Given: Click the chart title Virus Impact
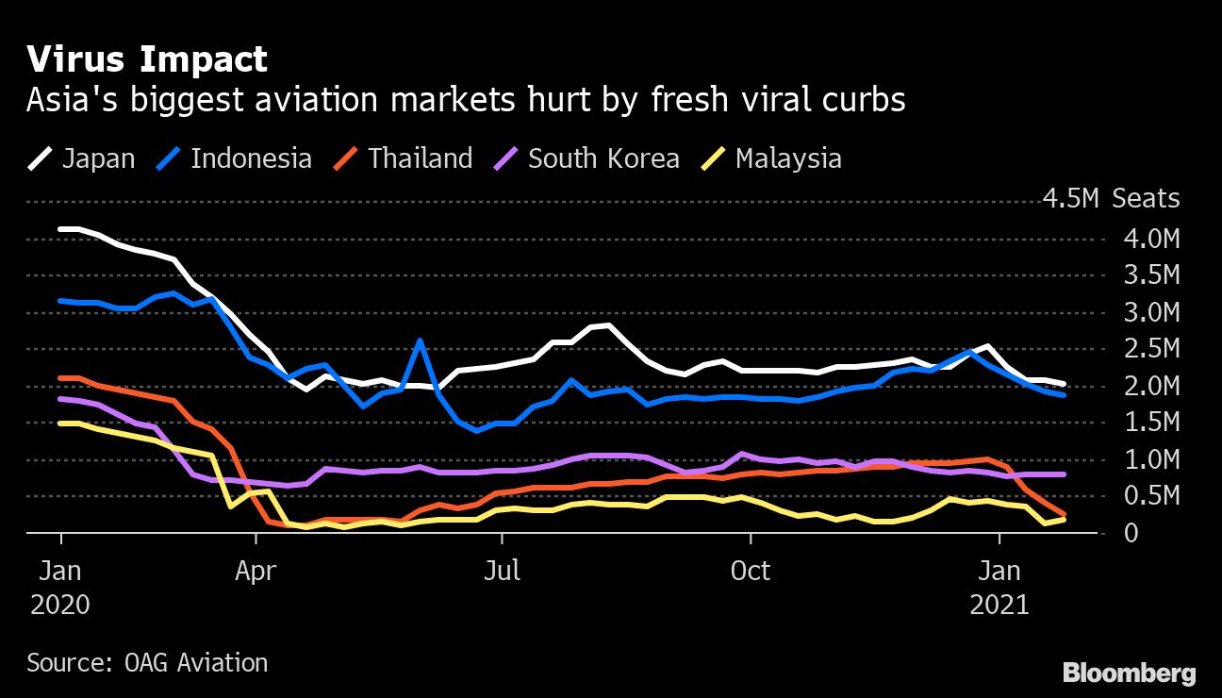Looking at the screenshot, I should pos(147,59).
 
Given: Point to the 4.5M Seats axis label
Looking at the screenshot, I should pos(1111,199).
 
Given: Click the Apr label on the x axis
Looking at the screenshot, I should pos(256,572).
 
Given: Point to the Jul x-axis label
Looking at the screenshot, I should pos(502,572).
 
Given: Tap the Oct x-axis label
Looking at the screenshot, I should pos(751,572).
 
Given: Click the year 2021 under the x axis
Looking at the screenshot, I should pos(999,605).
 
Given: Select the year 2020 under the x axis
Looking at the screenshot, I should pos(60,605).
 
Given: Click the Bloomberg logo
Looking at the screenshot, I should pos(1129,673).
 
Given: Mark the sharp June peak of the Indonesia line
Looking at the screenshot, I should pos(420,341).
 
